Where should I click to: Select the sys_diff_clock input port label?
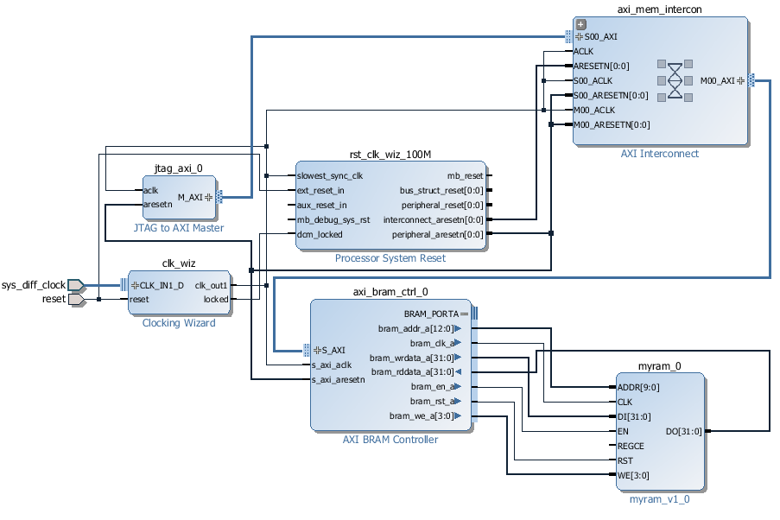coord(34,284)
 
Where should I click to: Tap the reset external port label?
coord(54,299)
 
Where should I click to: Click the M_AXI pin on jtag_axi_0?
coord(190,197)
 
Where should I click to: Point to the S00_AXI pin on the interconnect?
coord(600,37)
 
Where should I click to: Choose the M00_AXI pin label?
coord(717,80)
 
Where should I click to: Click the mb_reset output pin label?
coord(465,176)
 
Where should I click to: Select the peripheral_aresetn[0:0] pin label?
coord(437,234)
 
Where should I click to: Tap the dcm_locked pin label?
coord(320,234)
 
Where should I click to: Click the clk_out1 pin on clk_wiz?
coord(212,284)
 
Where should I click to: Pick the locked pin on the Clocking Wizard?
coord(216,299)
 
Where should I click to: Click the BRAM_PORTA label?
coord(431,314)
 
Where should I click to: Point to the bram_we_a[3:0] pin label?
coord(420,416)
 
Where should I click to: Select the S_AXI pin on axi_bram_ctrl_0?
coord(333,350)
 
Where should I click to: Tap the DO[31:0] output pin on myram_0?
coord(684,431)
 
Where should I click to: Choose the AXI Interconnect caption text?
coord(660,154)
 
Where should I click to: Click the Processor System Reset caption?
coord(390,258)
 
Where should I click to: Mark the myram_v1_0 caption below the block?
coord(660,498)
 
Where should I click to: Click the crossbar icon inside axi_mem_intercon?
coord(675,80)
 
